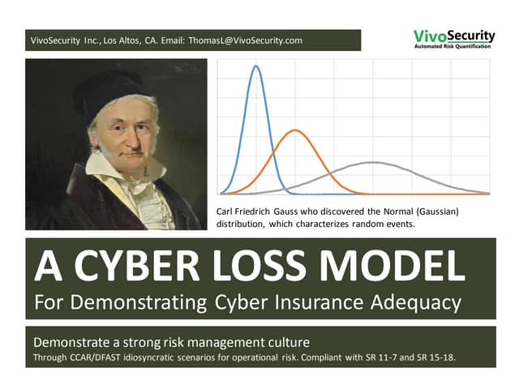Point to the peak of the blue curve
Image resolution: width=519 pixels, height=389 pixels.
pos(255,66)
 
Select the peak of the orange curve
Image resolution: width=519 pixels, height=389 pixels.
pos(296,130)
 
